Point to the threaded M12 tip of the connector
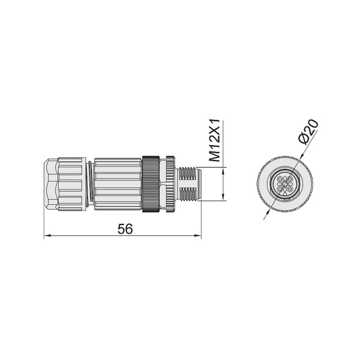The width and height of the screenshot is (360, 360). click(189, 185)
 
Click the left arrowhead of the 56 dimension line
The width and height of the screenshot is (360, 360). click(46, 236)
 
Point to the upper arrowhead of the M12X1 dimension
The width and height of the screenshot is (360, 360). click(223, 171)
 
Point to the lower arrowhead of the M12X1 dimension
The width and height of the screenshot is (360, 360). click(223, 197)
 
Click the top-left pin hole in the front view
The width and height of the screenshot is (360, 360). click(280, 179)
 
